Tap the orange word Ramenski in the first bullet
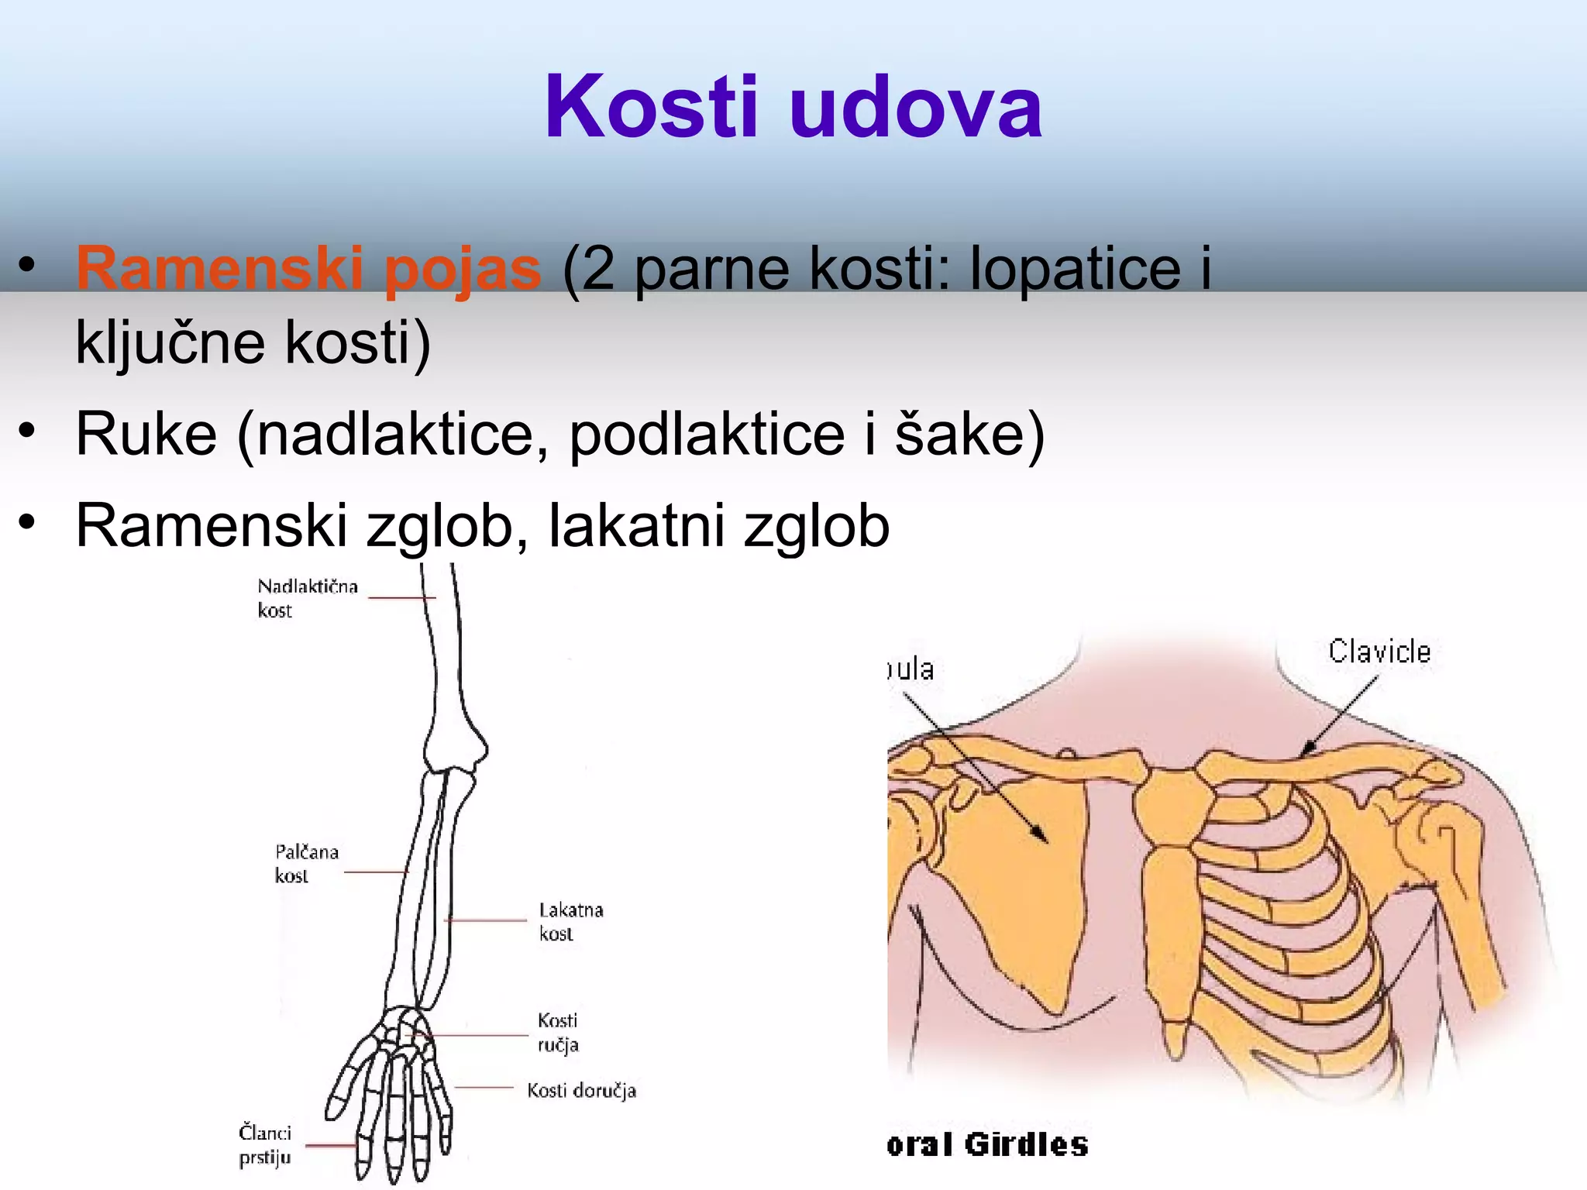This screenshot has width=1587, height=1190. (220, 268)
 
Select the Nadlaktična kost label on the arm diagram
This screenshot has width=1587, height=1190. (307, 597)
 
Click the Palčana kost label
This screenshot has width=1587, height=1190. (306, 863)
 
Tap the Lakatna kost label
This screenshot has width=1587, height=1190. (570, 921)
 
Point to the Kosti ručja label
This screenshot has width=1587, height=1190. (558, 1032)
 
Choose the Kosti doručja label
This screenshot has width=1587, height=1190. (581, 1090)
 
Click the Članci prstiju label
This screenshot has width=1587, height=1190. (264, 1144)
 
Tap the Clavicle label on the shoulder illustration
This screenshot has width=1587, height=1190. (1379, 652)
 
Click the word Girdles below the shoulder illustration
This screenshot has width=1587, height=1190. (1026, 1144)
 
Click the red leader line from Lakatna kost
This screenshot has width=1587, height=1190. (486, 920)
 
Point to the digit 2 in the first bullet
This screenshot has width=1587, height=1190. (597, 268)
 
